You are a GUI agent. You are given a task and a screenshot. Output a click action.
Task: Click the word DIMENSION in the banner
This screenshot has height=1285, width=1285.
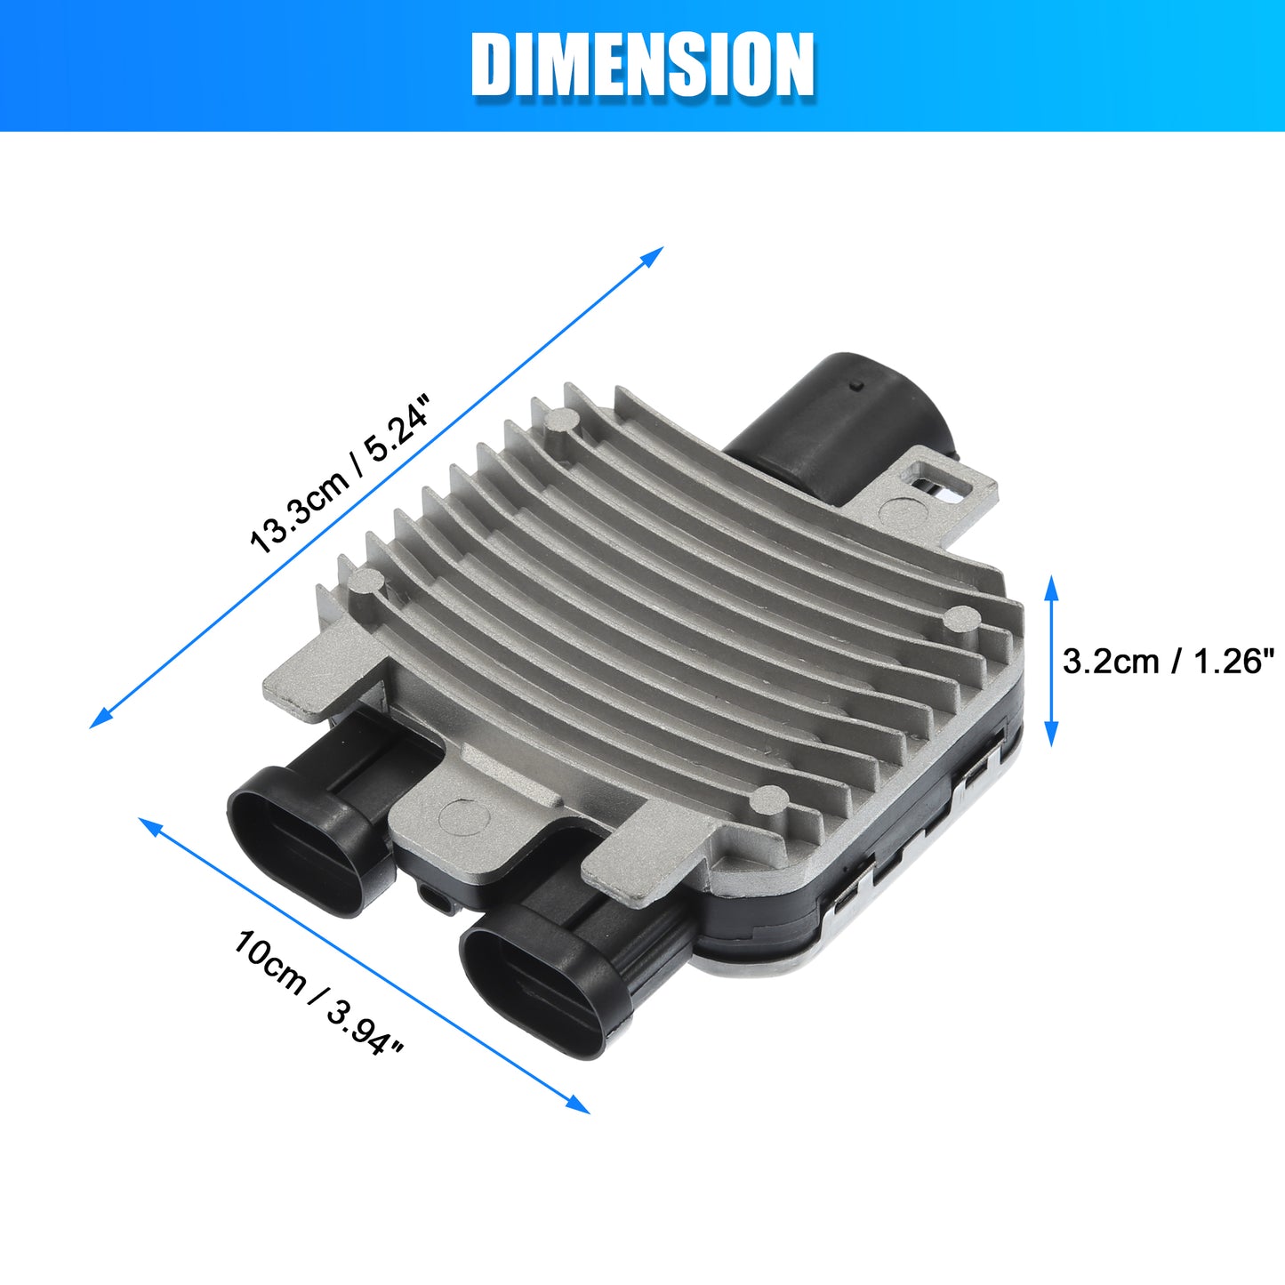[x=642, y=65]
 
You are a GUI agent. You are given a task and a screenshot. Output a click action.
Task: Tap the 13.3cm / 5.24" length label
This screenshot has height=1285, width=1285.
[x=340, y=474]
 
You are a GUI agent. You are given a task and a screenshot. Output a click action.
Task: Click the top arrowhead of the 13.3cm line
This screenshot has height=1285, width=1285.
[x=654, y=255]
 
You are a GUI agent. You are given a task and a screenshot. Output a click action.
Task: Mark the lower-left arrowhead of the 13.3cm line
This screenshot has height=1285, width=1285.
[x=100, y=719]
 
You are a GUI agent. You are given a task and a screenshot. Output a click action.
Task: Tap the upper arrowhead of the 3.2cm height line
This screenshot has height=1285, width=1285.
[x=1052, y=587]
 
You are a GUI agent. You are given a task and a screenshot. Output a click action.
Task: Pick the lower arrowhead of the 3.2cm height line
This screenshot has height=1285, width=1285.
[x=1052, y=735]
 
